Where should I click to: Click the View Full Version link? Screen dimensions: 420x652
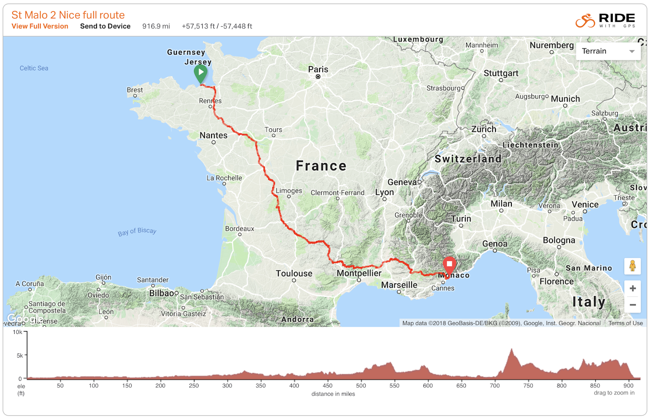click(40, 26)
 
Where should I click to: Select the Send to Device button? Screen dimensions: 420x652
click(105, 26)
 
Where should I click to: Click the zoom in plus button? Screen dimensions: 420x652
click(632, 289)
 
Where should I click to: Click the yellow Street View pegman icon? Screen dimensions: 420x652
click(632, 266)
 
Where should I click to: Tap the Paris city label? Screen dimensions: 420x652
click(318, 69)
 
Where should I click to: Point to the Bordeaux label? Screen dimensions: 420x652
click(240, 229)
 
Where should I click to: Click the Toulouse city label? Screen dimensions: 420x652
click(294, 274)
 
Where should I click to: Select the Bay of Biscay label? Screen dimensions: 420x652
click(137, 232)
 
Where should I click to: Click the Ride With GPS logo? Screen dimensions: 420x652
click(605, 20)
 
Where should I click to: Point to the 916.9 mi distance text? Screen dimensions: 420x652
click(156, 26)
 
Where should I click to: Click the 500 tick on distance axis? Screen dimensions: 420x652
click(361, 385)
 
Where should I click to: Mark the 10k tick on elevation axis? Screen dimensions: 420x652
click(18, 332)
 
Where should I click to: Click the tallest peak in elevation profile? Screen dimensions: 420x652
click(512, 349)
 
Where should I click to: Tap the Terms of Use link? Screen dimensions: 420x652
click(626, 323)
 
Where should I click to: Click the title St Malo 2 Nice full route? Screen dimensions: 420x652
click(68, 15)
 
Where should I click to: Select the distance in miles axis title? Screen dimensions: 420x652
click(333, 394)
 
